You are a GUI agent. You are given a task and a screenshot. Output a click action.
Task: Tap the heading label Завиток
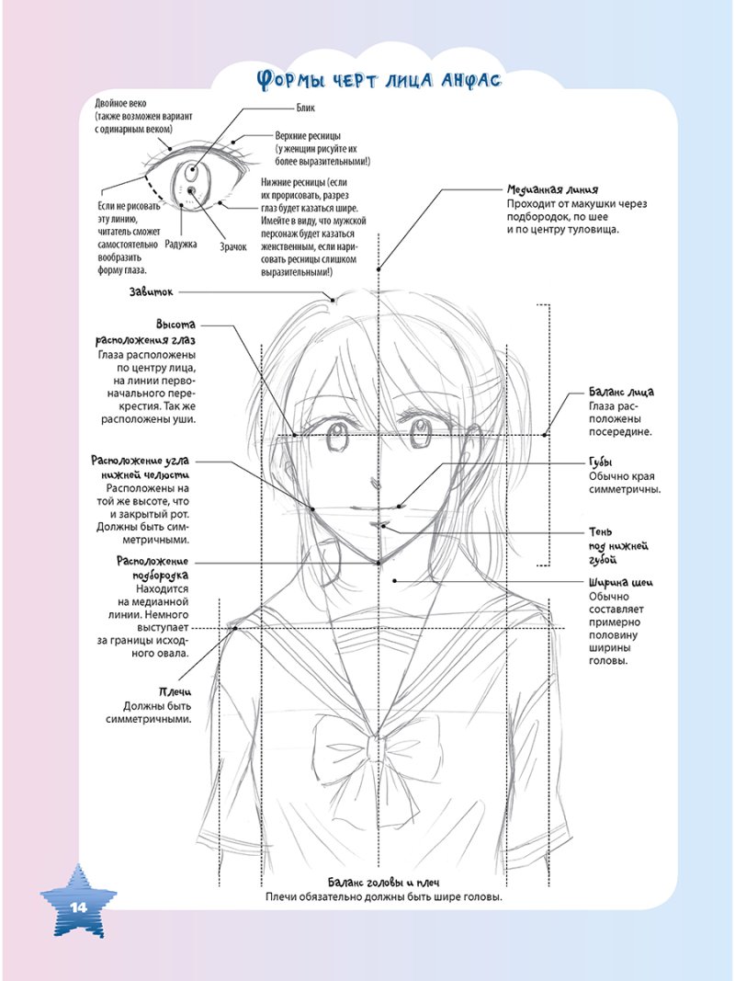(152, 292)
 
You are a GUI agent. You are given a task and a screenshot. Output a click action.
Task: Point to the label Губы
(601, 462)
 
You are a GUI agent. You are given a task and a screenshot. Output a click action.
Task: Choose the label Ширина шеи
(620, 581)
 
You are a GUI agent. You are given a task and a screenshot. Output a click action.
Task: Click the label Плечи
(175, 690)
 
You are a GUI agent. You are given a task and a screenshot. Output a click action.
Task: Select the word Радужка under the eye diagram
(181, 245)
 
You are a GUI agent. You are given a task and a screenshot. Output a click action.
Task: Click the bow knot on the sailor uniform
(374, 748)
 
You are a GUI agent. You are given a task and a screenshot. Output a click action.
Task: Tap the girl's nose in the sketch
(371, 481)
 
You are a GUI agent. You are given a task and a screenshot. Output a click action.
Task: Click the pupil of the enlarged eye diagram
(190, 189)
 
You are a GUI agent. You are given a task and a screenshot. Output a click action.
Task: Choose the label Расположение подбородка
(153, 567)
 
